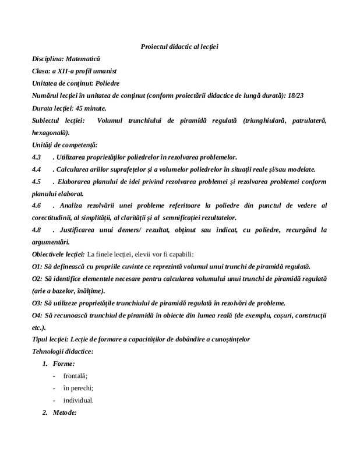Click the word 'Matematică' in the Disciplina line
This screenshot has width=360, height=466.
[83, 59]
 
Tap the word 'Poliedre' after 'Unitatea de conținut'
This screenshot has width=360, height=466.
[107, 83]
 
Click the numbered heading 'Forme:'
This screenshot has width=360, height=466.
[63, 364]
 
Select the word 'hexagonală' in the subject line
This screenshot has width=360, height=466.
[50, 132]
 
